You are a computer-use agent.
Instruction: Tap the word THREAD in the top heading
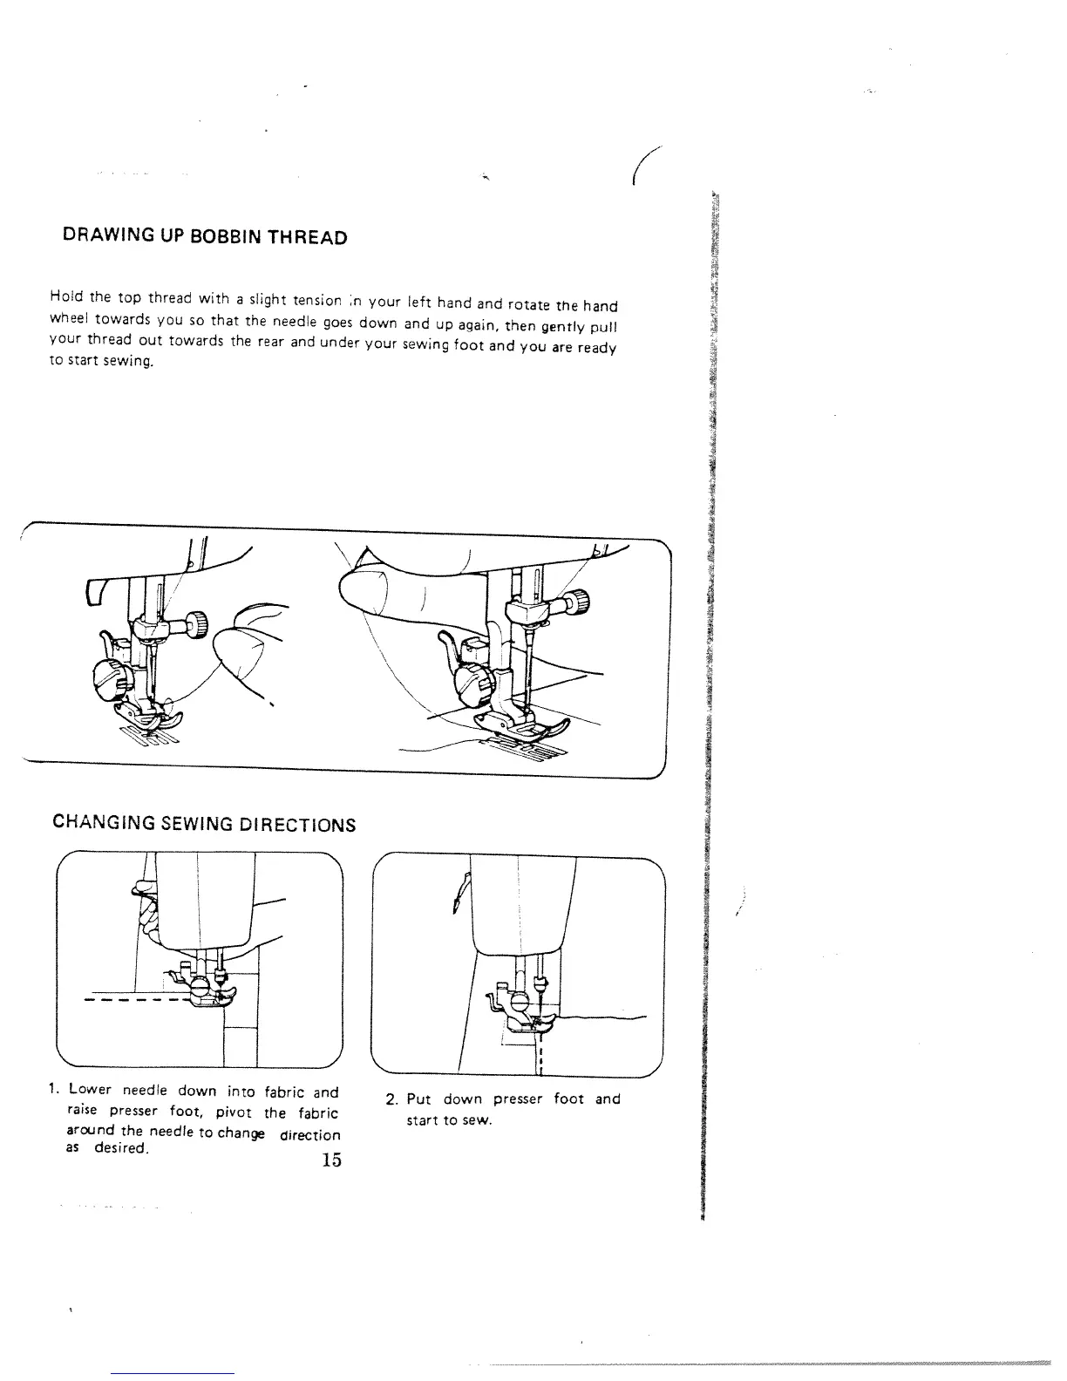click(309, 238)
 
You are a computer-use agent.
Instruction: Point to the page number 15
click(330, 1160)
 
